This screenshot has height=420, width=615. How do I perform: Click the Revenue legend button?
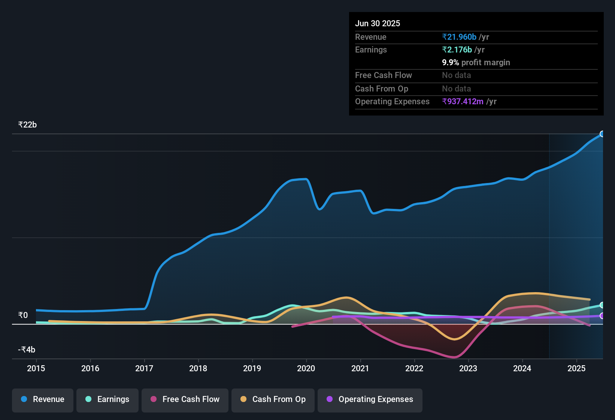coord(43,399)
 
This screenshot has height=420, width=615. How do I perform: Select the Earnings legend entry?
coord(107,399)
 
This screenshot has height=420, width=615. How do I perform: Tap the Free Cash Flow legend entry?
coord(185,399)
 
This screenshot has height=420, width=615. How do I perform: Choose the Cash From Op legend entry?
coord(273,399)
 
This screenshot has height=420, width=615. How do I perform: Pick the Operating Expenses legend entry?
coord(370,399)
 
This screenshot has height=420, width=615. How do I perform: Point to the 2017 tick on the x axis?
coord(144,368)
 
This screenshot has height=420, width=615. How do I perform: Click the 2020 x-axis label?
coord(306,368)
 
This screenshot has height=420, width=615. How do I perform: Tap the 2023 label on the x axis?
coord(468,368)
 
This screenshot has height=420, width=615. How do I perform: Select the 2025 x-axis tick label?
coord(576,368)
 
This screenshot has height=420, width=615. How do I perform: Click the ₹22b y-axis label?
coord(27,125)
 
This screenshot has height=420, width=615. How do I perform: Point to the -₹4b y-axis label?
coord(27,350)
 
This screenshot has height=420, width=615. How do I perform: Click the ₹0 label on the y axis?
coord(23,315)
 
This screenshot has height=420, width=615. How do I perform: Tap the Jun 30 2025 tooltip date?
coord(378,24)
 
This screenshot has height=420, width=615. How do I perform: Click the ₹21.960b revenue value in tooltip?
coord(459,37)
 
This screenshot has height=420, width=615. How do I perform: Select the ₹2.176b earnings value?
coord(457,50)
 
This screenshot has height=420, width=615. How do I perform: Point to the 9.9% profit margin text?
coord(476,63)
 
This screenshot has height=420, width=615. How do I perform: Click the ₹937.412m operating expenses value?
coord(463,102)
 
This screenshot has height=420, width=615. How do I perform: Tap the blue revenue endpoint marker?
coord(602,134)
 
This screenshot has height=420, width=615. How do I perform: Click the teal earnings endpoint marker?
coord(602,305)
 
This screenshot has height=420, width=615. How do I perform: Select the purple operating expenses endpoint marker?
coord(602,316)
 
